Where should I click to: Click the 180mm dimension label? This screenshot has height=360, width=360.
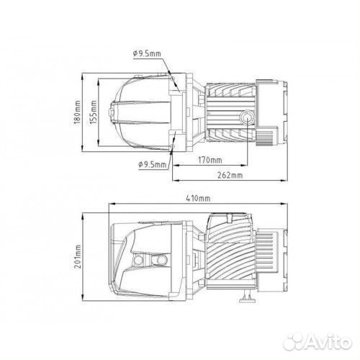tap(77, 112)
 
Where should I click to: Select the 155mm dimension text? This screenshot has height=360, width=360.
tap(94, 112)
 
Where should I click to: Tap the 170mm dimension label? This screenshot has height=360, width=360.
tap(210, 160)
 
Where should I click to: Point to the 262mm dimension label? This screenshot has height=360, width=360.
tap(230, 175)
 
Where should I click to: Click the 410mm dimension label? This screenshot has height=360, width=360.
tap(198, 199)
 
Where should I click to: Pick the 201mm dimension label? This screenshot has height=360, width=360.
tap(78, 256)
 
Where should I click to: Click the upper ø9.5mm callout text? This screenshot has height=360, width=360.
tap(147, 53)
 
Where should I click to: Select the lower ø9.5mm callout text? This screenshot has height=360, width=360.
tap(152, 165)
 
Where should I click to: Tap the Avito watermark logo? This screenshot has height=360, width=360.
tap(318, 341)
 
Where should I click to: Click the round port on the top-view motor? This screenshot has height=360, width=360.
tap(246, 117)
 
